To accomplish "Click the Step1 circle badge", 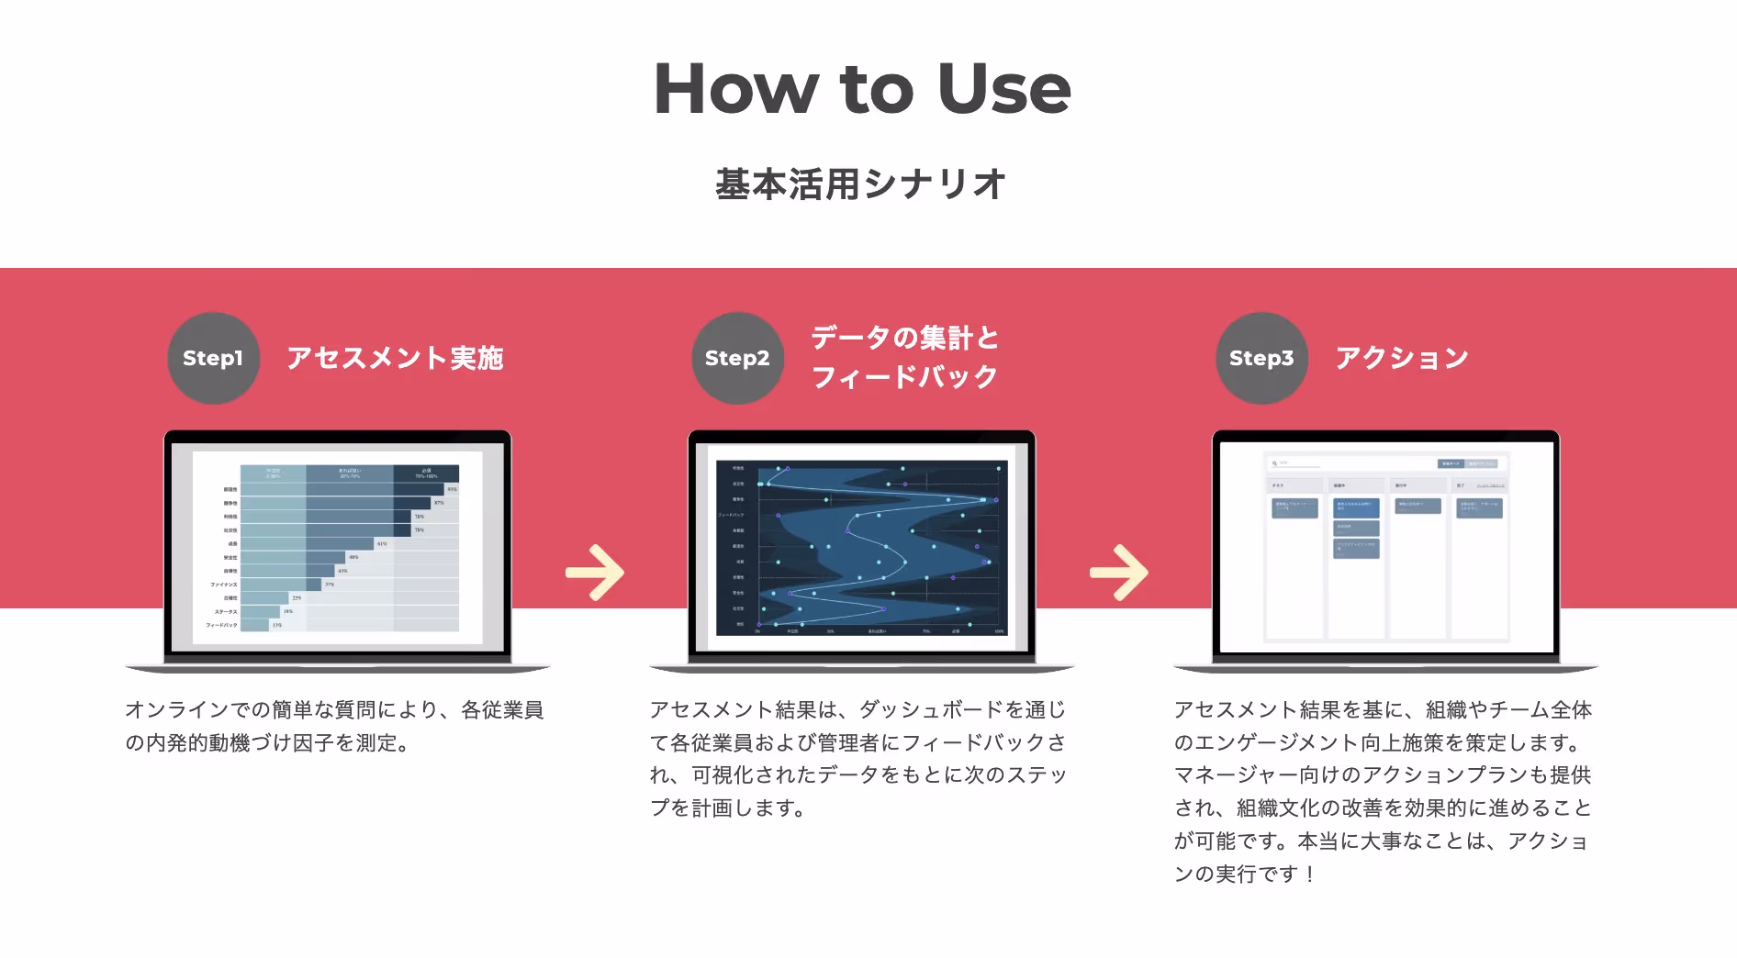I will pos(213,358).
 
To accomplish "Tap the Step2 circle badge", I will pos(737,358).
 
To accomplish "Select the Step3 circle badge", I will pos(1261,358).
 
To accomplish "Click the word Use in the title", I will pos(1004,89).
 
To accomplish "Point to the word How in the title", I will pos(735,89).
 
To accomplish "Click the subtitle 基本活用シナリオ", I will pos(861,184).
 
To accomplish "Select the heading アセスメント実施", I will pos(395,358).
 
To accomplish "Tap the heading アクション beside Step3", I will pos(1402,358).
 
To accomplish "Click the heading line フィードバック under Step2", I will pos(904,377).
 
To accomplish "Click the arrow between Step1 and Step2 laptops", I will pos(595,573).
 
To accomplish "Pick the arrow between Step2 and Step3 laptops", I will pos(1119,573).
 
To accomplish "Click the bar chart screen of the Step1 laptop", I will pos(338,547).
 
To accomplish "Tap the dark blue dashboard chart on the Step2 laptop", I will pos(861,547).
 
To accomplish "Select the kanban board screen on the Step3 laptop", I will pos(1385,547).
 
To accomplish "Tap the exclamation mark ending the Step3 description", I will pos(1309,874).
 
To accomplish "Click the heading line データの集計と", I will pos(904,338).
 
